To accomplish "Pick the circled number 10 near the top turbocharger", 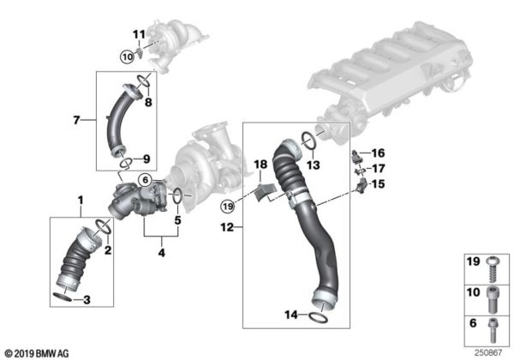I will coord(128,57).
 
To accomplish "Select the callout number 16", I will coord(379,153).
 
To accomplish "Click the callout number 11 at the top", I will coord(137,33).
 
